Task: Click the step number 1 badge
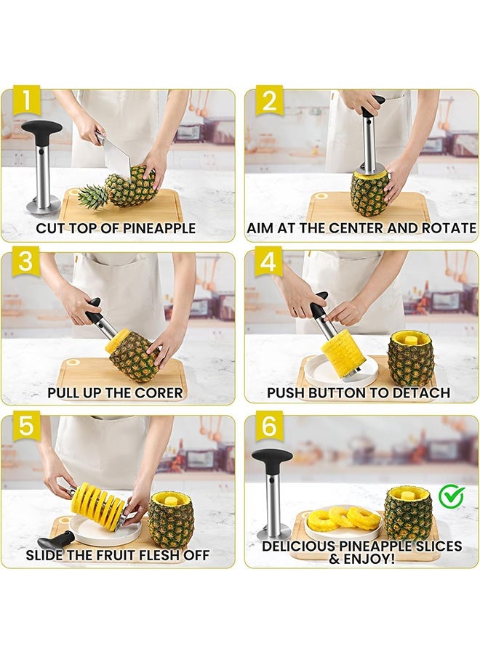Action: click(x=26, y=100)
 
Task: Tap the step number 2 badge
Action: click(x=269, y=100)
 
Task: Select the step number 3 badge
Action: click(x=26, y=262)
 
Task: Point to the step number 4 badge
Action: click(x=269, y=262)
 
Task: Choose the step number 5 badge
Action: click(x=26, y=426)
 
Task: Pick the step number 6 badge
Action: click(x=269, y=426)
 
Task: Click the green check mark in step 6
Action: click(x=452, y=496)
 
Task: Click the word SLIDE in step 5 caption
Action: click(x=44, y=555)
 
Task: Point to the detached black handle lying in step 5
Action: click(x=56, y=541)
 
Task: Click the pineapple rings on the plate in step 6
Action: click(x=344, y=518)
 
